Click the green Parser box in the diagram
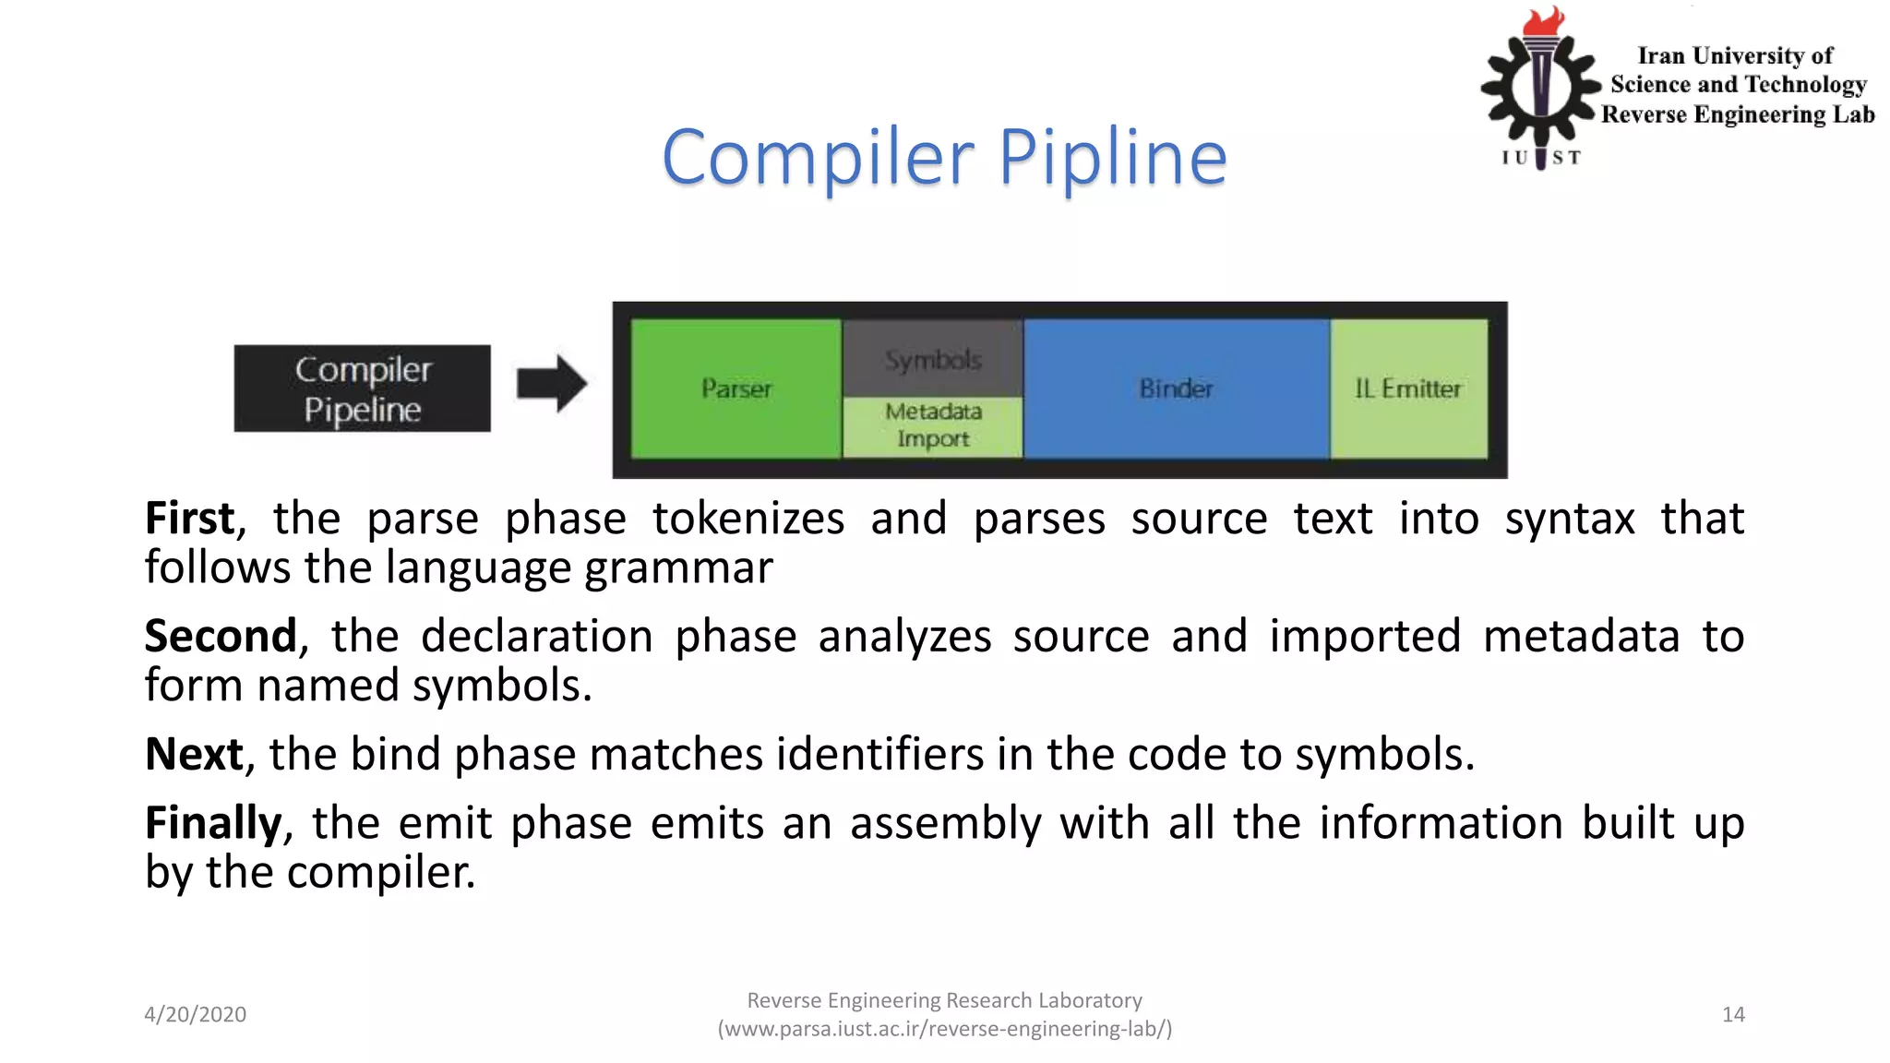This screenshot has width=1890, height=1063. (736, 388)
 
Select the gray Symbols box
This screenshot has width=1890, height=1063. (932, 359)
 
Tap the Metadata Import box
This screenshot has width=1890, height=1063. (932, 425)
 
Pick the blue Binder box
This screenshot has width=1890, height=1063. (1176, 388)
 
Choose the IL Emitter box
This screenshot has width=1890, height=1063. (1408, 388)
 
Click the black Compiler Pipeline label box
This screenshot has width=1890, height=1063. (363, 388)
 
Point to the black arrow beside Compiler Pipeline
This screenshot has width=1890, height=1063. (551, 383)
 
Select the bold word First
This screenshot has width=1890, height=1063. (190, 519)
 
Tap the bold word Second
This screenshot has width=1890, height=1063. (221, 637)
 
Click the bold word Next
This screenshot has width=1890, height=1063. (194, 754)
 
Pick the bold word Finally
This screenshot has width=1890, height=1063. (213, 823)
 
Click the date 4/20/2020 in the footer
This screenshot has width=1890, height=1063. (195, 1014)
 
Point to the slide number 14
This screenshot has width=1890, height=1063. (1733, 1014)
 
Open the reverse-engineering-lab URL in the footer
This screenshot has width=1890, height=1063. (945, 1029)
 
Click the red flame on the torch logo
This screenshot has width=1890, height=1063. (1544, 21)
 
